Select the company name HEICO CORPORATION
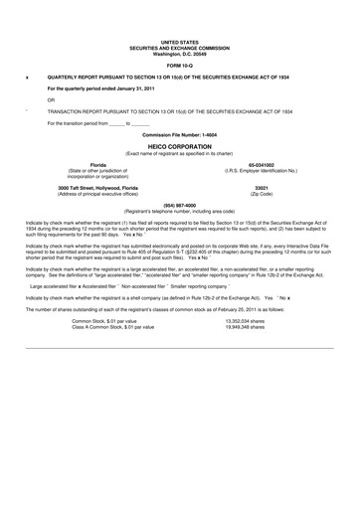pos(179,145)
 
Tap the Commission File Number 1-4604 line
pos(179,133)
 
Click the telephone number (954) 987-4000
pos(179,206)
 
